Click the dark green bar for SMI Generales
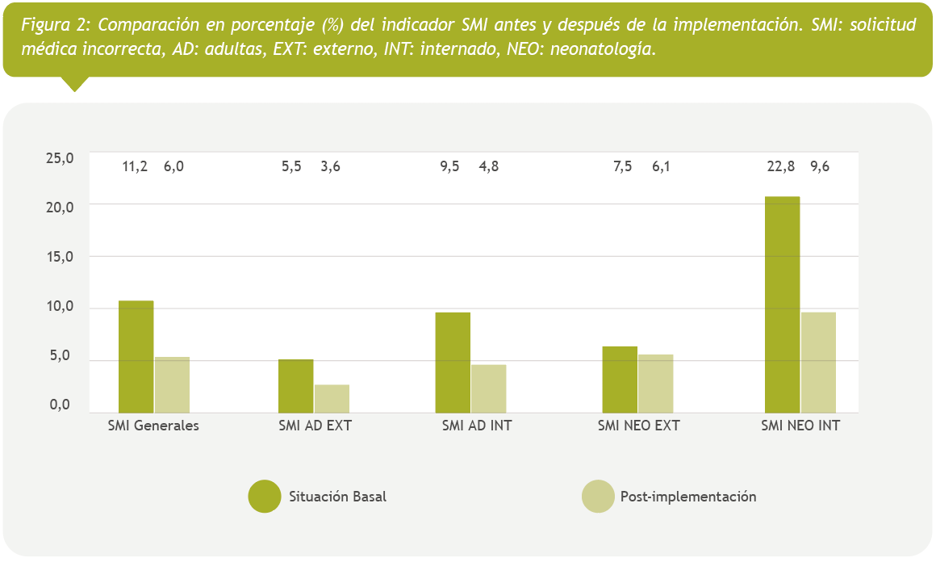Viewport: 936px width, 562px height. tap(136, 356)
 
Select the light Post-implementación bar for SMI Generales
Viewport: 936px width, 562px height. tap(172, 384)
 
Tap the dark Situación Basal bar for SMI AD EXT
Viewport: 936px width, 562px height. tap(295, 385)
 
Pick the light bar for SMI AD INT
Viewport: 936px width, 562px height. tap(488, 388)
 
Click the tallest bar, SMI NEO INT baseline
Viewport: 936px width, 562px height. tap(782, 304)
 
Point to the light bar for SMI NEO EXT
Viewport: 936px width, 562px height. tap(655, 384)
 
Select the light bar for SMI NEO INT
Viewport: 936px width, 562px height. tap(818, 362)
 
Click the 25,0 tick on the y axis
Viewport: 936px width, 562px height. tap(60, 158)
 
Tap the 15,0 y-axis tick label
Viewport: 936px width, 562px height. tap(60, 258)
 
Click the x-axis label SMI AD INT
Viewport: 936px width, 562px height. tap(477, 426)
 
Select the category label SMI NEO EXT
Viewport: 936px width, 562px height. tap(638, 426)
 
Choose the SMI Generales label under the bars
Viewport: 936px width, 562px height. tap(153, 426)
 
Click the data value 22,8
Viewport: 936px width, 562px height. tap(781, 167)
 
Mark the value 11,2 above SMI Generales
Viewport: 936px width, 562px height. tap(135, 167)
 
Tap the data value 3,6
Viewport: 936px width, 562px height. tap(330, 167)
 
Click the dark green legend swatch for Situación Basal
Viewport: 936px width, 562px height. tap(264, 496)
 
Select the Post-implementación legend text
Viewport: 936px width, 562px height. tap(688, 497)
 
